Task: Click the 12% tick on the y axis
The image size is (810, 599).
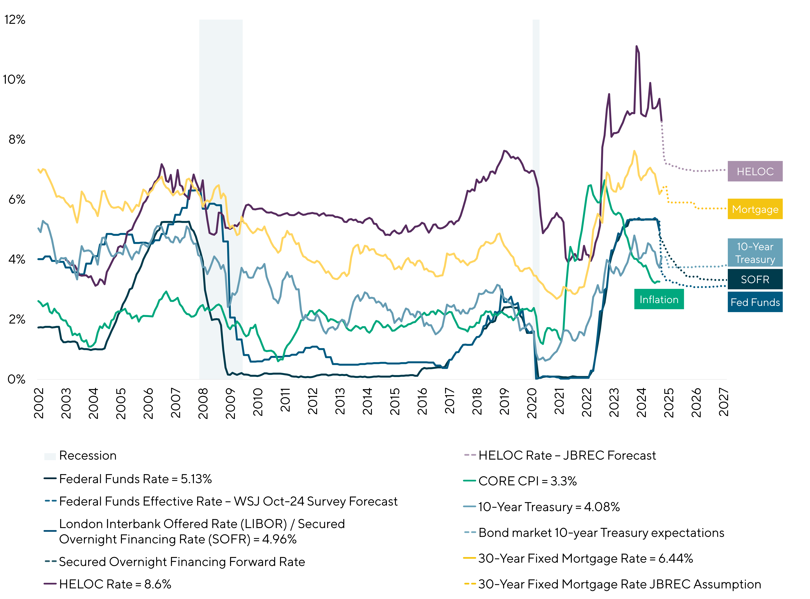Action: coord(15,20)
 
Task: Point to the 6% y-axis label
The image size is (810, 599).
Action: coord(17,199)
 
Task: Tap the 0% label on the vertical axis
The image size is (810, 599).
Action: coord(17,379)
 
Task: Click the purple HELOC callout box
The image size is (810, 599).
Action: coord(755,171)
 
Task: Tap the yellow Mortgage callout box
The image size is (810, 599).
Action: coord(755,209)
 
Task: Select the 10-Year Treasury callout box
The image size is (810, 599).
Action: coord(755,253)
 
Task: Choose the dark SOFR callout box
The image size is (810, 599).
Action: coord(755,279)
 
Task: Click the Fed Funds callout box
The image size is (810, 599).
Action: coord(755,302)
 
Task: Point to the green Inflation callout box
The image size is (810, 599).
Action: coord(659,299)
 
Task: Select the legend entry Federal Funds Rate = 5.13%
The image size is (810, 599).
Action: coord(135,479)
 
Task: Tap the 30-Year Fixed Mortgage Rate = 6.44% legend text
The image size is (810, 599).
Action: coord(585,558)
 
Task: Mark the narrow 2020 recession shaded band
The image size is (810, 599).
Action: coord(536,199)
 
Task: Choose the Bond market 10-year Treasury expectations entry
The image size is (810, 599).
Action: coord(601,533)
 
